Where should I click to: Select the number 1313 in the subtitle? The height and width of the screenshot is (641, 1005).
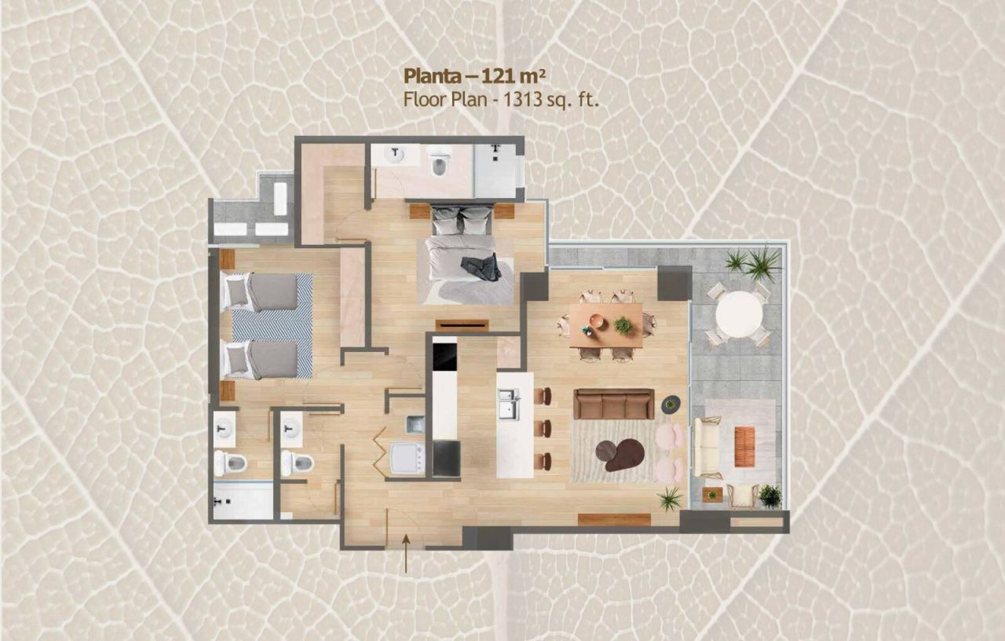point(522,99)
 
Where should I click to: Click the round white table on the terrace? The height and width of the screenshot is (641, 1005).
point(739,313)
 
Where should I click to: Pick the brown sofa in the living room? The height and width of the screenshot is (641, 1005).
point(614,404)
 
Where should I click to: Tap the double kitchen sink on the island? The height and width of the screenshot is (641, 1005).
point(509,404)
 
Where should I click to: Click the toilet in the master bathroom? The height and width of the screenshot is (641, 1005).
point(438,163)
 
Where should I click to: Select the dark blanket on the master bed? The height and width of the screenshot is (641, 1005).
point(481,268)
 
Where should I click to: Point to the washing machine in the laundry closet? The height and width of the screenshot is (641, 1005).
point(407,458)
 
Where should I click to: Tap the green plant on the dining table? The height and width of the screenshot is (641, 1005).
point(623,324)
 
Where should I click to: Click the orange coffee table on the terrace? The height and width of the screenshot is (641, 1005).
point(744,446)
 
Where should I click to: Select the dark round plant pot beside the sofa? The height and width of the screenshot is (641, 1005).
point(671,405)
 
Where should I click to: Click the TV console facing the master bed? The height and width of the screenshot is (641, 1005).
point(462,325)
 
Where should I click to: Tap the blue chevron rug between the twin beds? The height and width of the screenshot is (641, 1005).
point(272,324)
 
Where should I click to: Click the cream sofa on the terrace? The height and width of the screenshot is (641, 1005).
point(706,448)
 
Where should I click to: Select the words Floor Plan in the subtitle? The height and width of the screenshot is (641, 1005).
point(445,99)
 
